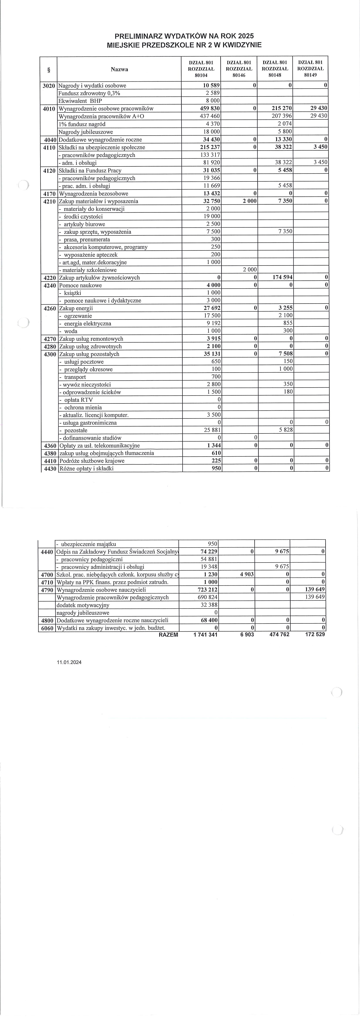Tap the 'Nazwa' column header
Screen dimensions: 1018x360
(x=119, y=70)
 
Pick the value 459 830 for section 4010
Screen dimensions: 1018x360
(x=209, y=109)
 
